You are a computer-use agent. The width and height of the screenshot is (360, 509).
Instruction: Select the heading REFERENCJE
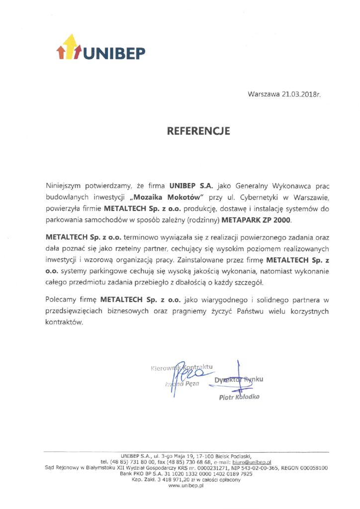198,131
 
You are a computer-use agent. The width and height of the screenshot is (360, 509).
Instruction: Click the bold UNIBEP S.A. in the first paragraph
191,185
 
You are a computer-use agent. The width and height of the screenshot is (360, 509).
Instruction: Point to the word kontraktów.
64,322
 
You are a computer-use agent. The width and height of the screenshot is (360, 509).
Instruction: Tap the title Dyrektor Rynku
239,380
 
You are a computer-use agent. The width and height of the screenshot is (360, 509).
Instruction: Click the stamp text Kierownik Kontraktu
181,368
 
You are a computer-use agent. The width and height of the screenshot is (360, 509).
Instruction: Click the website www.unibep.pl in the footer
186,486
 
